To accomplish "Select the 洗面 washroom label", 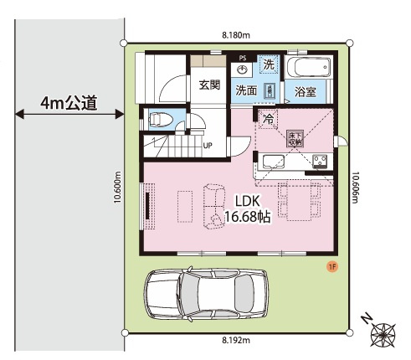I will [x=245, y=90].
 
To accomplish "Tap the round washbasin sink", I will [x=242, y=70].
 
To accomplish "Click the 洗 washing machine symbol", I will [x=268, y=64].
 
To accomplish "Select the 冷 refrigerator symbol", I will [x=268, y=119].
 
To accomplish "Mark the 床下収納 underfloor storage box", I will [x=295, y=137].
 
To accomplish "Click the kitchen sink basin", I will [x=277, y=162].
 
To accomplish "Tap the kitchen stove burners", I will [x=319, y=161].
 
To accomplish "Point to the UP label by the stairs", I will [x=207, y=145].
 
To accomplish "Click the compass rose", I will [x=383, y=334].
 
